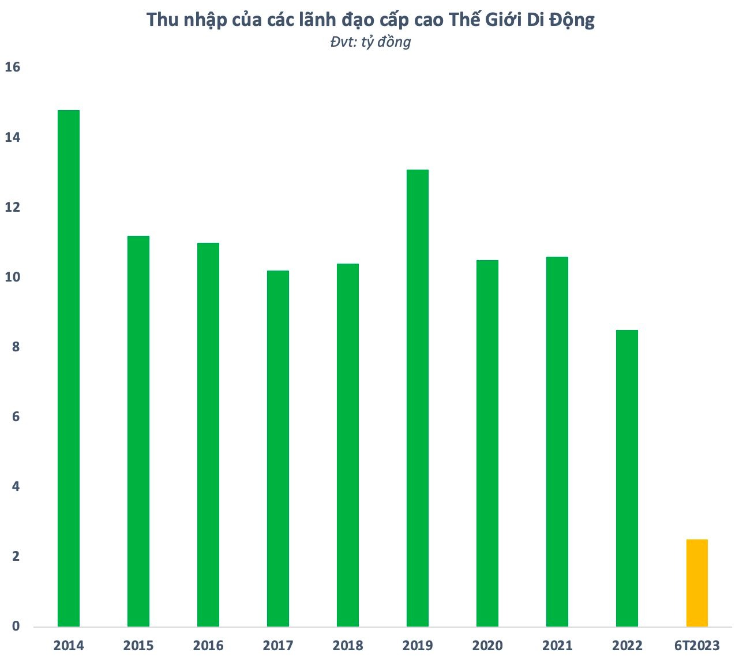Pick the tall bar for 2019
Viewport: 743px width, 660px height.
point(418,398)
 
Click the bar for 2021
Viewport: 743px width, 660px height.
point(557,441)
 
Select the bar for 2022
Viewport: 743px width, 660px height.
point(627,478)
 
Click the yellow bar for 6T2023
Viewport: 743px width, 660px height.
point(697,583)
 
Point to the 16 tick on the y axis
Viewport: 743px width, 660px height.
point(12,67)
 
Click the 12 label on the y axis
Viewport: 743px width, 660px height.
point(12,207)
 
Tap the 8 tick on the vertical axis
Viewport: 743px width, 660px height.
point(16,347)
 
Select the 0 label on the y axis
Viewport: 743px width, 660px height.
point(16,626)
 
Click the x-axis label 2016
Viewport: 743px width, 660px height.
point(208,645)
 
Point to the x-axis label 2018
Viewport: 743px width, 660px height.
point(348,645)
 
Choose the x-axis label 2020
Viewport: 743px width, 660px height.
point(487,645)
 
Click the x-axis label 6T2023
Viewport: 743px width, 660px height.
point(697,645)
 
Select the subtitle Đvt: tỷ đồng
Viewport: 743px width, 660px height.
point(371,42)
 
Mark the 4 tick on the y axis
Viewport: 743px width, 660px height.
point(16,486)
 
